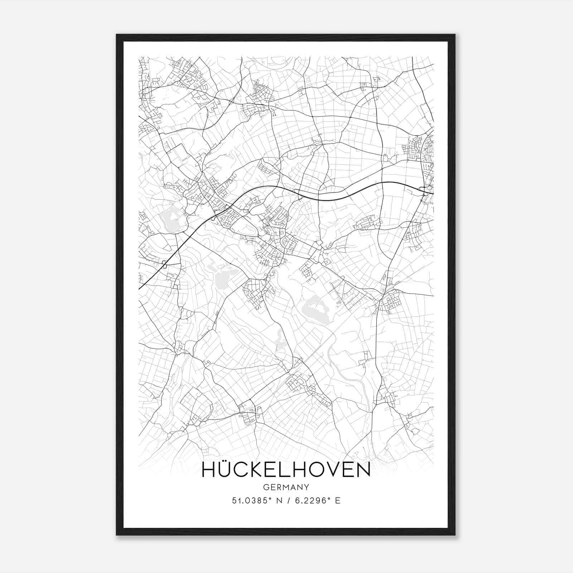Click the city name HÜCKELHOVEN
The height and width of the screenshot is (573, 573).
click(286, 470)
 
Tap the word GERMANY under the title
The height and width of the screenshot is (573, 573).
click(286, 487)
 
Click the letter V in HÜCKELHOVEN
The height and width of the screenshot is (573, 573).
click(331, 470)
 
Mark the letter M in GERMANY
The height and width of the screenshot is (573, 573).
click(286, 487)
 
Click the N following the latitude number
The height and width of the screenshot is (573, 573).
click(278, 501)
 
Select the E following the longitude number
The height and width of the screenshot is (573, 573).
click(337, 501)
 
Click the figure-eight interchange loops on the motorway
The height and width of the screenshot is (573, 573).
click(164, 265)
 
